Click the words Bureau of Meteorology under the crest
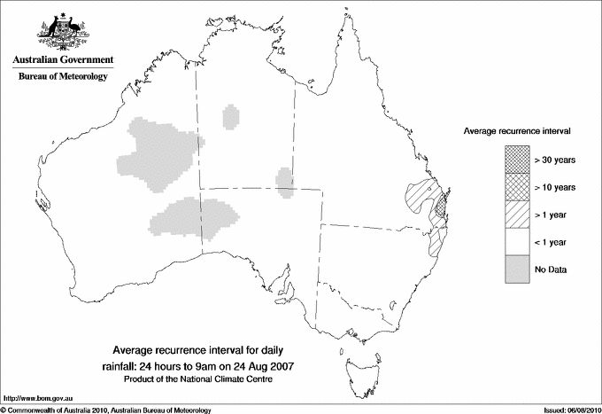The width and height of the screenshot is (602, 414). point(62,77)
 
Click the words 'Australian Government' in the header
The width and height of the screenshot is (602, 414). point(62,60)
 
